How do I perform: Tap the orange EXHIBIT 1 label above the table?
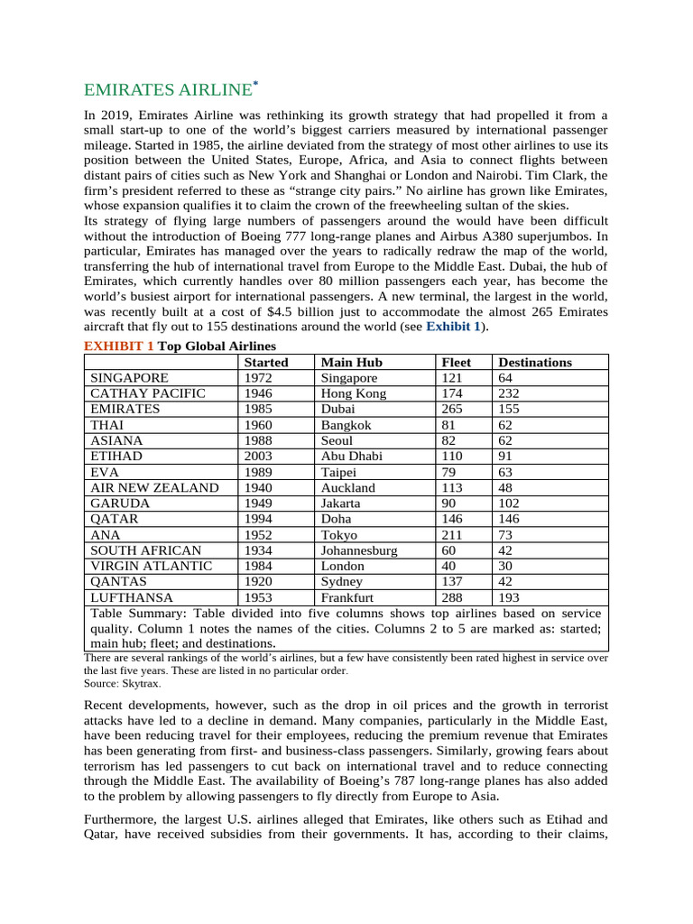(119, 346)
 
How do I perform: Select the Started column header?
(266, 362)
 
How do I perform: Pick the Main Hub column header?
(353, 362)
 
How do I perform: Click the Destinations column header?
(535, 362)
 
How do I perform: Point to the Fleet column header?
(457, 362)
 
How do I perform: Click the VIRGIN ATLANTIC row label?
(151, 566)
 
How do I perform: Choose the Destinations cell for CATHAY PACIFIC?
(510, 393)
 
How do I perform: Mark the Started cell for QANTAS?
(260, 581)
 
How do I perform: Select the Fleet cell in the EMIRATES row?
(453, 409)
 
